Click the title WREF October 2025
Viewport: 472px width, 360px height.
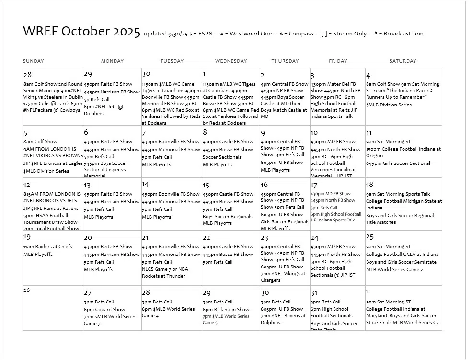[x=81, y=32]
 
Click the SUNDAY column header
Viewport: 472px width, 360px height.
[x=34, y=61]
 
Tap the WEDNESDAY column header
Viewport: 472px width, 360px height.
[x=231, y=61]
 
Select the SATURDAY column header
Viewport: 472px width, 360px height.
[x=403, y=61]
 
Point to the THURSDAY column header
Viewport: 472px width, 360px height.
[x=285, y=61]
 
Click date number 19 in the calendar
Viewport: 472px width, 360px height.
[x=27, y=237]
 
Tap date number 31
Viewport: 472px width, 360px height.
[x=314, y=292]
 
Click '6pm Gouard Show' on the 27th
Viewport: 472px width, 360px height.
[x=104, y=309]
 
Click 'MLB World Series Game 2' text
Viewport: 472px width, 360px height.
[x=394, y=270]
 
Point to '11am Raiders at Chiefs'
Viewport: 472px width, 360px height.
[x=48, y=247]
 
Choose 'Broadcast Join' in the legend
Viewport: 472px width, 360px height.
[x=403, y=34]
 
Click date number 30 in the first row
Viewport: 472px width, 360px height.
[x=146, y=74]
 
